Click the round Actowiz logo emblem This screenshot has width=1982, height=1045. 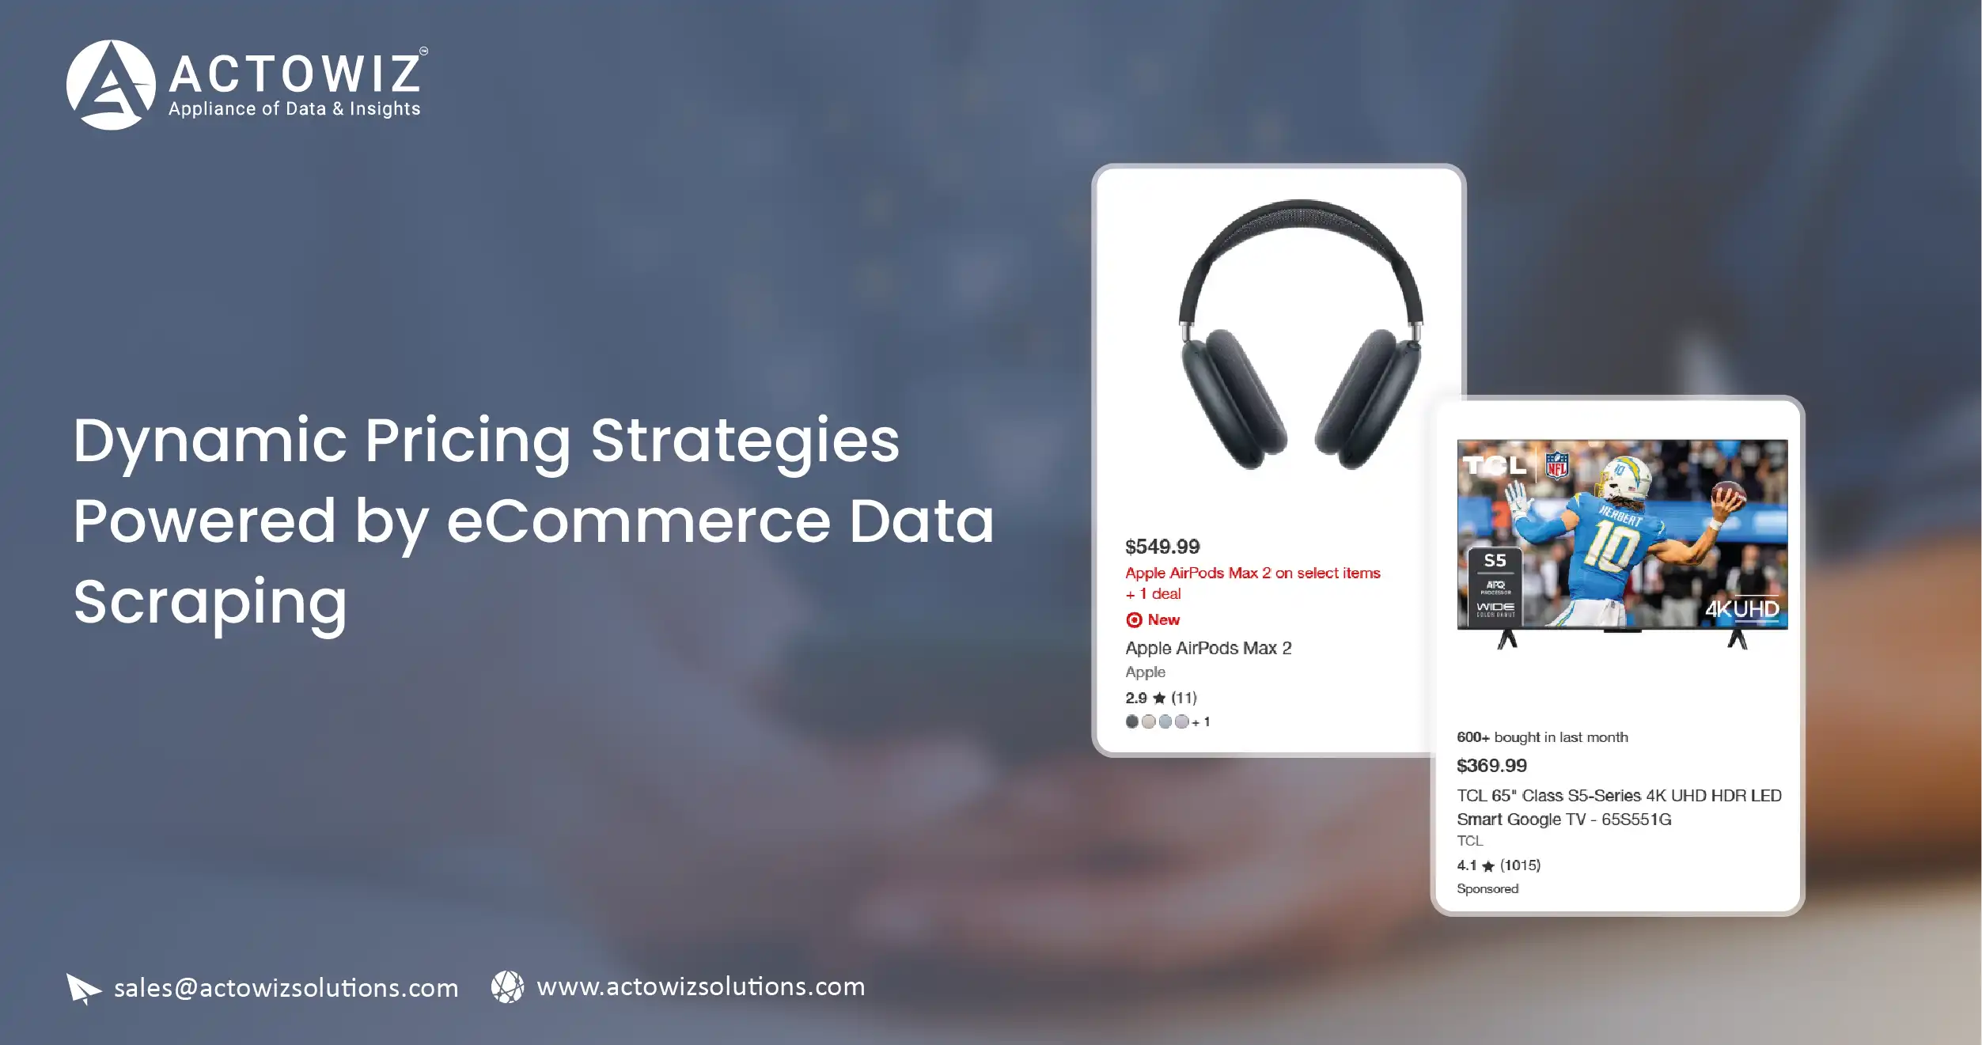pyautogui.click(x=111, y=85)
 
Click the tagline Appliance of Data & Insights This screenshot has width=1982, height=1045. pyautogui.click(x=294, y=109)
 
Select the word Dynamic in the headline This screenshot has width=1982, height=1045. pyautogui.click(x=210, y=441)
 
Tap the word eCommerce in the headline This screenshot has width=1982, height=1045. pyautogui.click(x=639, y=521)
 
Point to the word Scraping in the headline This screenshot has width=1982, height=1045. pyautogui.click(x=210, y=603)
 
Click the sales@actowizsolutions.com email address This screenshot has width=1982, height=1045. pyautogui.click(x=286, y=988)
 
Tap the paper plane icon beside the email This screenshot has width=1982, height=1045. pyautogui.click(x=83, y=988)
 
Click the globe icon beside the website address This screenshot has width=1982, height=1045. pyautogui.click(x=507, y=986)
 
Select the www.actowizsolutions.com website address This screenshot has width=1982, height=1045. pyautogui.click(x=700, y=986)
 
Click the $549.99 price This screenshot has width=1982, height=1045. pyautogui.click(x=1162, y=547)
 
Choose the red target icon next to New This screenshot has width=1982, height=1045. pyautogui.click(x=1134, y=620)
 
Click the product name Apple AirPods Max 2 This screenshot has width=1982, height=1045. pyautogui.click(x=1208, y=649)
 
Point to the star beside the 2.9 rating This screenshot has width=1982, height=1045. pyautogui.click(x=1159, y=698)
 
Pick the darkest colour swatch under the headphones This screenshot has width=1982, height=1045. pyautogui.click(x=1132, y=721)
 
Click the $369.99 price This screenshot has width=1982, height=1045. pyautogui.click(x=1491, y=766)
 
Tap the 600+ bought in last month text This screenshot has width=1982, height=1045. pyautogui.click(x=1542, y=737)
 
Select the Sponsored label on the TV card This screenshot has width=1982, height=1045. pyautogui.click(x=1487, y=889)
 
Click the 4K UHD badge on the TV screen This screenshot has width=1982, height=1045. pyautogui.click(x=1741, y=609)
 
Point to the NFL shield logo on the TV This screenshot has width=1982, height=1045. pyautogui.click(x=1556, y=466)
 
